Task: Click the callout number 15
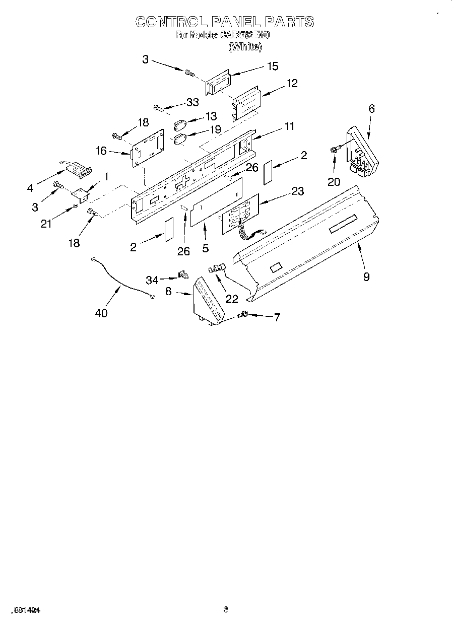pos(272,66)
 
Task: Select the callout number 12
pos(292,83)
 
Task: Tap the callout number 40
pos(101,313)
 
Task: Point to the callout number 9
pos(366,276)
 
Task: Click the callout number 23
pos(297,191)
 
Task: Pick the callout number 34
pos(152,280)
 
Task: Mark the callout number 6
pos(371,108)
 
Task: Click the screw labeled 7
pos(243,314)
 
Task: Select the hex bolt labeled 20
pos(334,149)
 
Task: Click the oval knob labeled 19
pos(180,138)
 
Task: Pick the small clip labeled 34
pos(183,275)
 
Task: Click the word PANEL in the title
pos(237,22)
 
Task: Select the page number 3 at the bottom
pos(226,610)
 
